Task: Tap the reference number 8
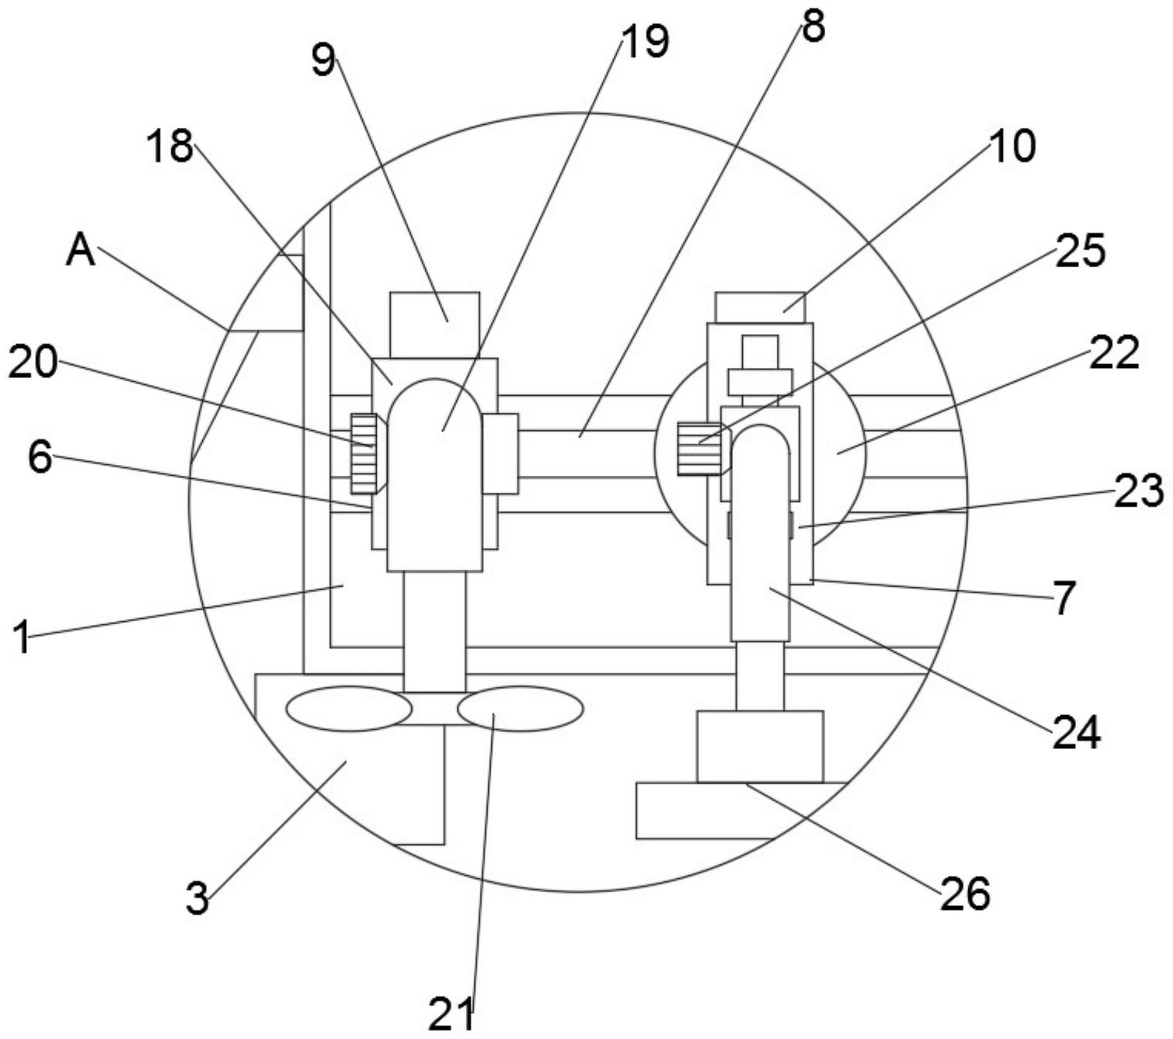point(813,27)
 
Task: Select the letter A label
point(81,250)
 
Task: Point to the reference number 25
point(1080,250)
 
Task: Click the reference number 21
point(451,1014)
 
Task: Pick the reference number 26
point(965,893)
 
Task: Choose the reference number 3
point(197,898)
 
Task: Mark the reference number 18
point(169,146)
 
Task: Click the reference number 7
point(1064,598)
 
